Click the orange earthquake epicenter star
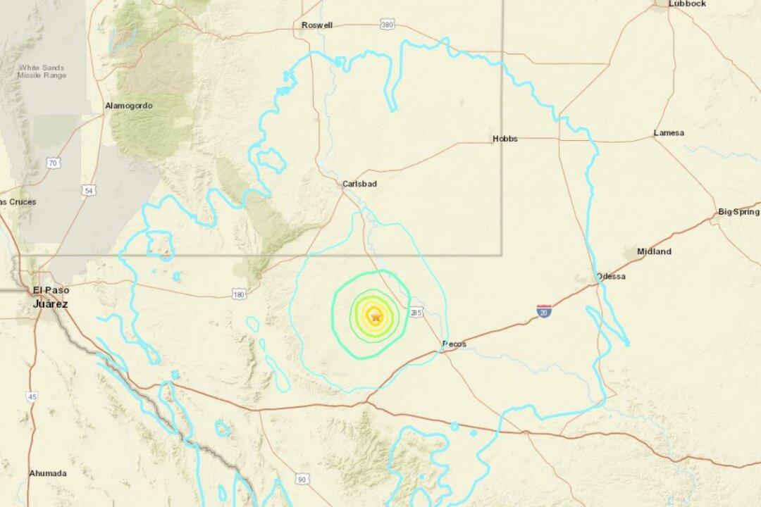point(376,318)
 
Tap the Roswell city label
point(316,25)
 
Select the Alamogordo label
point(128,106)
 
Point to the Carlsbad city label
point(359,184)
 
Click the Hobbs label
point(505,139)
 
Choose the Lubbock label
point(688,4)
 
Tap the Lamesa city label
point(669,132)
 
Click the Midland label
point(654,251)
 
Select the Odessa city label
point(610,276)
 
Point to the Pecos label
point(454,344)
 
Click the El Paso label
point(49,290)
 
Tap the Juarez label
point(51,303)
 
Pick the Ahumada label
point(48,473)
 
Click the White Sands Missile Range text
point(42,71)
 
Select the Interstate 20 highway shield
point(543,311)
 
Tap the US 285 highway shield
point(416,312)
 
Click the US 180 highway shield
point(240,294)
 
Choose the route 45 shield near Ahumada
point(32,397)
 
